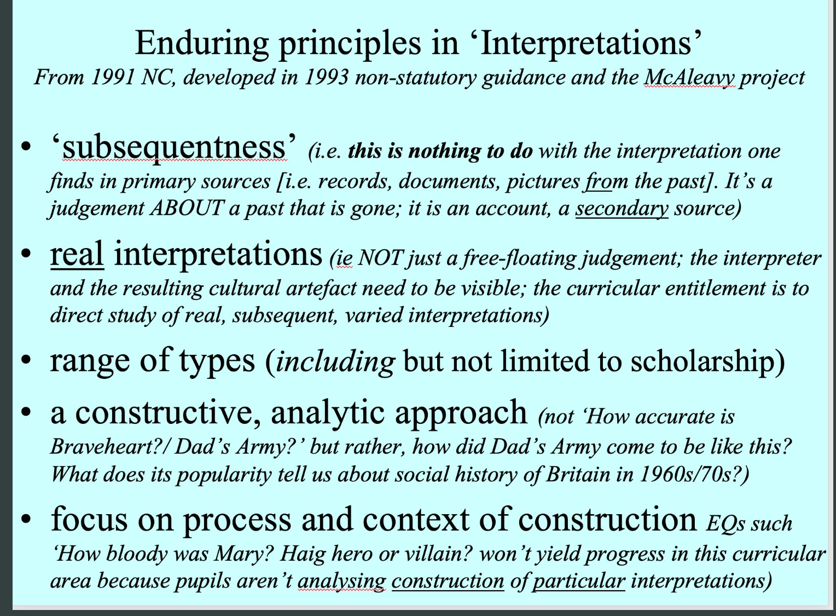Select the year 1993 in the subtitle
pos(326,78)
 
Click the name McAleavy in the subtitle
pos(689,78)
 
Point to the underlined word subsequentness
pos(175,148)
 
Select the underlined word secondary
pos(622,209)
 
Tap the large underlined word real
pos(77,255)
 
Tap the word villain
pos(435,554)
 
